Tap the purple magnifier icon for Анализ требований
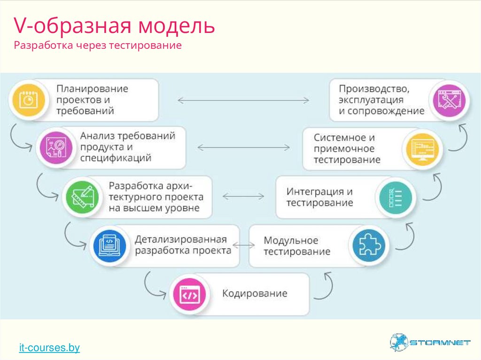(55, 147)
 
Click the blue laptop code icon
(109, 245)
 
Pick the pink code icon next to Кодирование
(189, 295)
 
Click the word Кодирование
(255, 294)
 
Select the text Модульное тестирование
(297, 246)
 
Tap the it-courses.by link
(49, 348)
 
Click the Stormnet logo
(430, 343)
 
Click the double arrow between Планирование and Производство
(243, 100)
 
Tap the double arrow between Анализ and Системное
(243, 147)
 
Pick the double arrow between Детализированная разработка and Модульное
(244, 245)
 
